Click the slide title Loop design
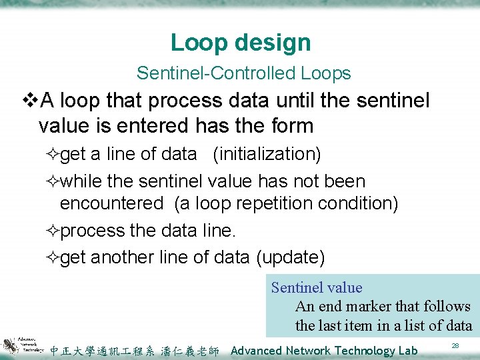pos(241,43)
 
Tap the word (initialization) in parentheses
pos(267,154)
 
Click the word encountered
pos(111,203)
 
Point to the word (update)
pos(290,257)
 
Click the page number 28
pos(455,345)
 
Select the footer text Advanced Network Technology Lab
pos(324,351)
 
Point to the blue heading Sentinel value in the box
pos(317,288)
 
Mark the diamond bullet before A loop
pos(31,101)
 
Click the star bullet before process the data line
pos(54,231)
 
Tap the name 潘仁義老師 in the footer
pos(190,351)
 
